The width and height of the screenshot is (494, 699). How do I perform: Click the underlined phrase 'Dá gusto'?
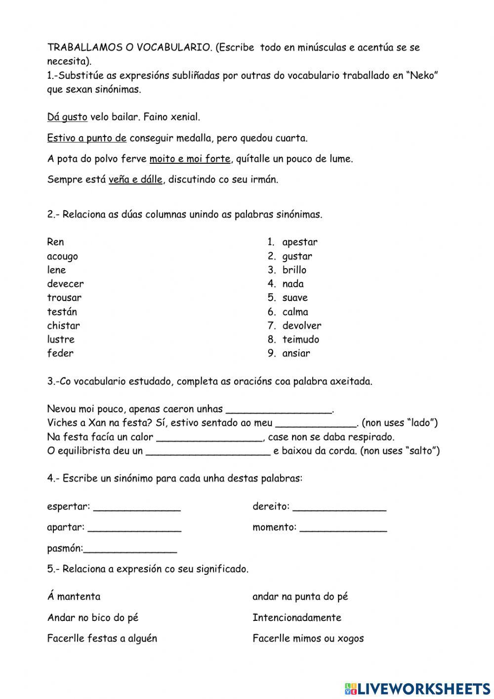click(x=67, y=117)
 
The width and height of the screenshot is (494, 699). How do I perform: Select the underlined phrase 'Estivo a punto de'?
click(x=87, y=138)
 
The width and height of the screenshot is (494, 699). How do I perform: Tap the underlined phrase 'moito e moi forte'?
click(x=190, y=159)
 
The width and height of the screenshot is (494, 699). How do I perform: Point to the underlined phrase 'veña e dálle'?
click(x=135, y=180)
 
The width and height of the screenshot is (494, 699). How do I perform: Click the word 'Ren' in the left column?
click(x=55, y=242)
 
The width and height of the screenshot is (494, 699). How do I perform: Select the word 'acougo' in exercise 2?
click(x=62, y=256)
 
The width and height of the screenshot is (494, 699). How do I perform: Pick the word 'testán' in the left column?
click(x=62, y=312)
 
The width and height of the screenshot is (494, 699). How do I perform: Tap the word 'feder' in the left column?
click(x=60, y=353)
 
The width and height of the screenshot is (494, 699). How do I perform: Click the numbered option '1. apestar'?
click(x=292, y=242)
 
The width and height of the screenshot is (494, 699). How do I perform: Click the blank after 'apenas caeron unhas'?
click(x=279, y=410)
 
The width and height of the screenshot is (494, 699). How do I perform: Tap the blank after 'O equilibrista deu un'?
click(x=208, y=451)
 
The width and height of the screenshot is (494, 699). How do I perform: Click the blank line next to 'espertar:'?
click(x=137, y=507)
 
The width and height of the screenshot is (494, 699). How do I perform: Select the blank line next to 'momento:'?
click(x=343, y=528)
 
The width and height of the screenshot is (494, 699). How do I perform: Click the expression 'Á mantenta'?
click(x=74, y=597)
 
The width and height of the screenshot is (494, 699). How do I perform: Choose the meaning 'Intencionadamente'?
click(x=296, y=617)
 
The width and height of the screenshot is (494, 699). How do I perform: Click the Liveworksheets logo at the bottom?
click(x=417, y=688)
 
